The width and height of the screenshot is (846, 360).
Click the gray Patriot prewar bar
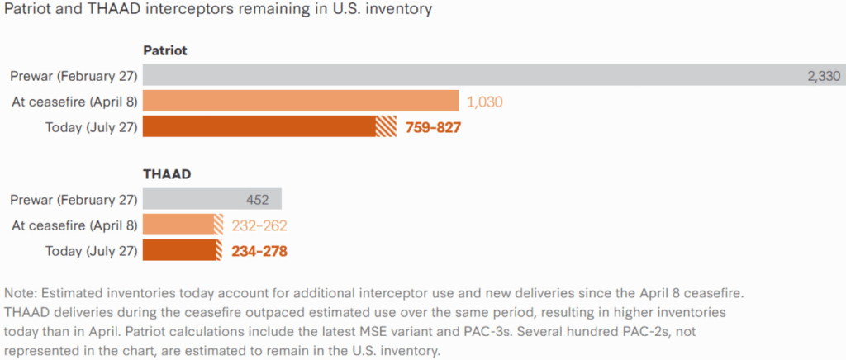pyautogui.click(x=494, y=75)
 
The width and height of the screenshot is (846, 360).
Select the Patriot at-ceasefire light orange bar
pyautogui.click(x=301, y=101)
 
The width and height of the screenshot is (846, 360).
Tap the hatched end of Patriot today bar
pyautogui.click(x=386, y=126)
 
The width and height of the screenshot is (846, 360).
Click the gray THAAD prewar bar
pyautogui.click(x=212, y=199)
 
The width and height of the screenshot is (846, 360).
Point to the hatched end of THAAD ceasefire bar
pyautogui.click(x=218, y=225)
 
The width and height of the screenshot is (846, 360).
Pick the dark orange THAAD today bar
pyautogui.click(x=183, y=250)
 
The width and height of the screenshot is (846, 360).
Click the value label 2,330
pyautogui.click(x=824, y=76)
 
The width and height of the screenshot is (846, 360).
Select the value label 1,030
pyautogui.click(x=484, y=102)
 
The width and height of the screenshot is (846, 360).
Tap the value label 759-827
pyautogui.click(x=433, y=127)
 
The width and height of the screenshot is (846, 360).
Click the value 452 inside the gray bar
pyautogui.click(x=258, y=199)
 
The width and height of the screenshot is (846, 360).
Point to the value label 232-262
pyautogui.click(x=259, y=225)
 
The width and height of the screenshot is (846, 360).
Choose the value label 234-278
pyautogui.click(x=259, y=251)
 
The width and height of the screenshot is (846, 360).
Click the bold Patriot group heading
pyautogui.click(x=165, y=50)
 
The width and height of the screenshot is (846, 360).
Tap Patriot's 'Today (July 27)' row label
pyautogui.click(x=91, y=127)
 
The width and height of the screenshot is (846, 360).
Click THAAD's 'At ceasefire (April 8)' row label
pyautogui.click(x=74, y=225)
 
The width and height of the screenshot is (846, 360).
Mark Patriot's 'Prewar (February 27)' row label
pyautogui.click(x=74, y=77)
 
